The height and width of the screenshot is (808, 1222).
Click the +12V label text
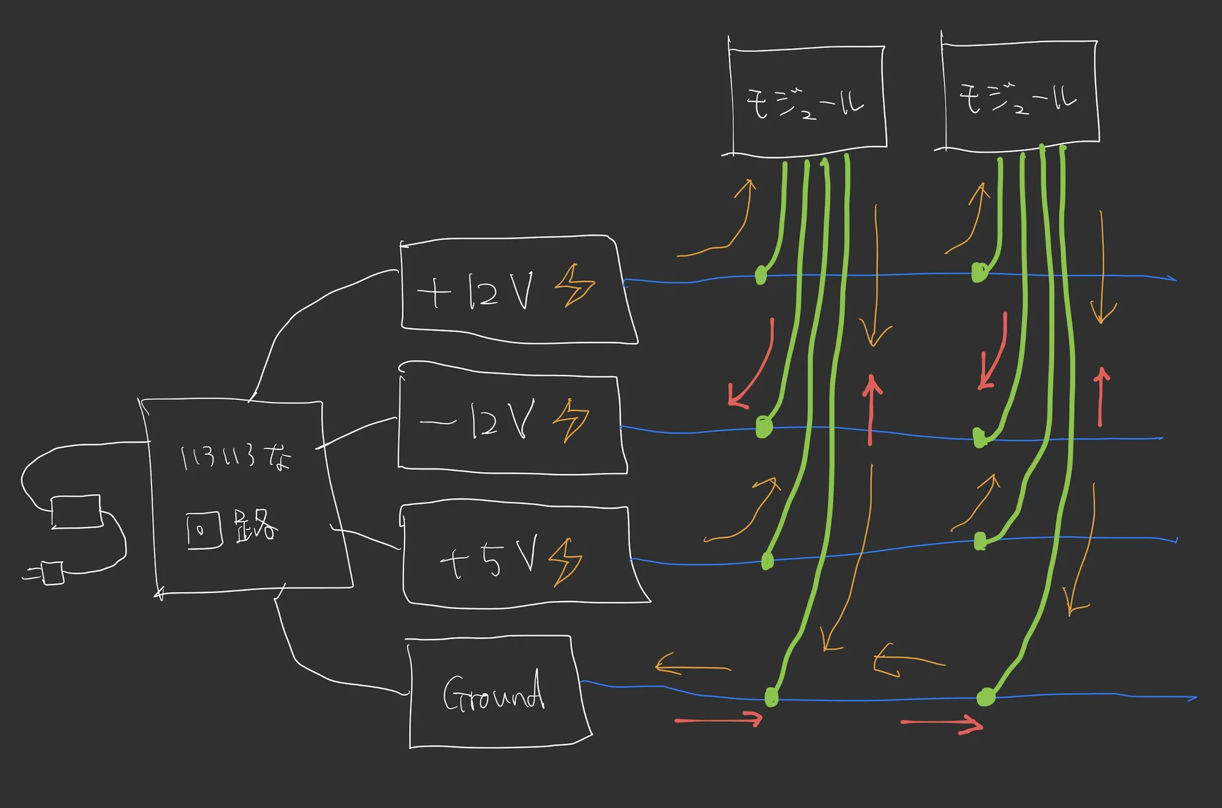(475, 291)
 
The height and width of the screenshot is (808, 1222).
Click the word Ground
(494, 691)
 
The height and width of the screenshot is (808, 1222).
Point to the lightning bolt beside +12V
(574, 285)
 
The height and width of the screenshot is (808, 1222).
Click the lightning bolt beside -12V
(571, 420)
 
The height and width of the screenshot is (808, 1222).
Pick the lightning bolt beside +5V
(565, 562)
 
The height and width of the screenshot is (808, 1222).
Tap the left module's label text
(805, 104)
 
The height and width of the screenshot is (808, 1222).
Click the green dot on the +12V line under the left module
(761, 275)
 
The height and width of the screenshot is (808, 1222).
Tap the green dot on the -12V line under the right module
(979, 437)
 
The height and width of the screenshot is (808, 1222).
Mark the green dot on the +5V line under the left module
(767, 561)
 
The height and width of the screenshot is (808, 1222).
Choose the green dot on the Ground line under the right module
(986, 696)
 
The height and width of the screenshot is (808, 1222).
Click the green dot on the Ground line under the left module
(771, 697)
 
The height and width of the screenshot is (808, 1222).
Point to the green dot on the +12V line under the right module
(979, 272)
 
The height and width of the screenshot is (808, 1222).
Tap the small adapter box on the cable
(76, 512)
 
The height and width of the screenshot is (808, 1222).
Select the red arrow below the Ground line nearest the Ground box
(719, 720)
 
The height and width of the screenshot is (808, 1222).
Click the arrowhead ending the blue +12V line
(1172, 278)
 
